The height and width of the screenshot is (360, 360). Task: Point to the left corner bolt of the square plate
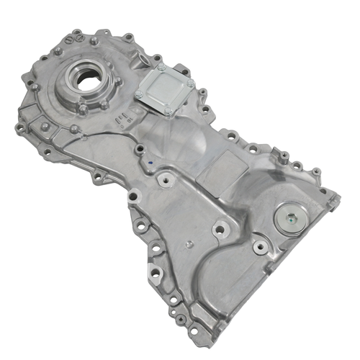[x=138, y=94]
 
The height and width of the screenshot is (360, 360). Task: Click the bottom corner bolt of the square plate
[x=168, y=112]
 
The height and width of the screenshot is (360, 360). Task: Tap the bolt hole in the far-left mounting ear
[x=19, y=127]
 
